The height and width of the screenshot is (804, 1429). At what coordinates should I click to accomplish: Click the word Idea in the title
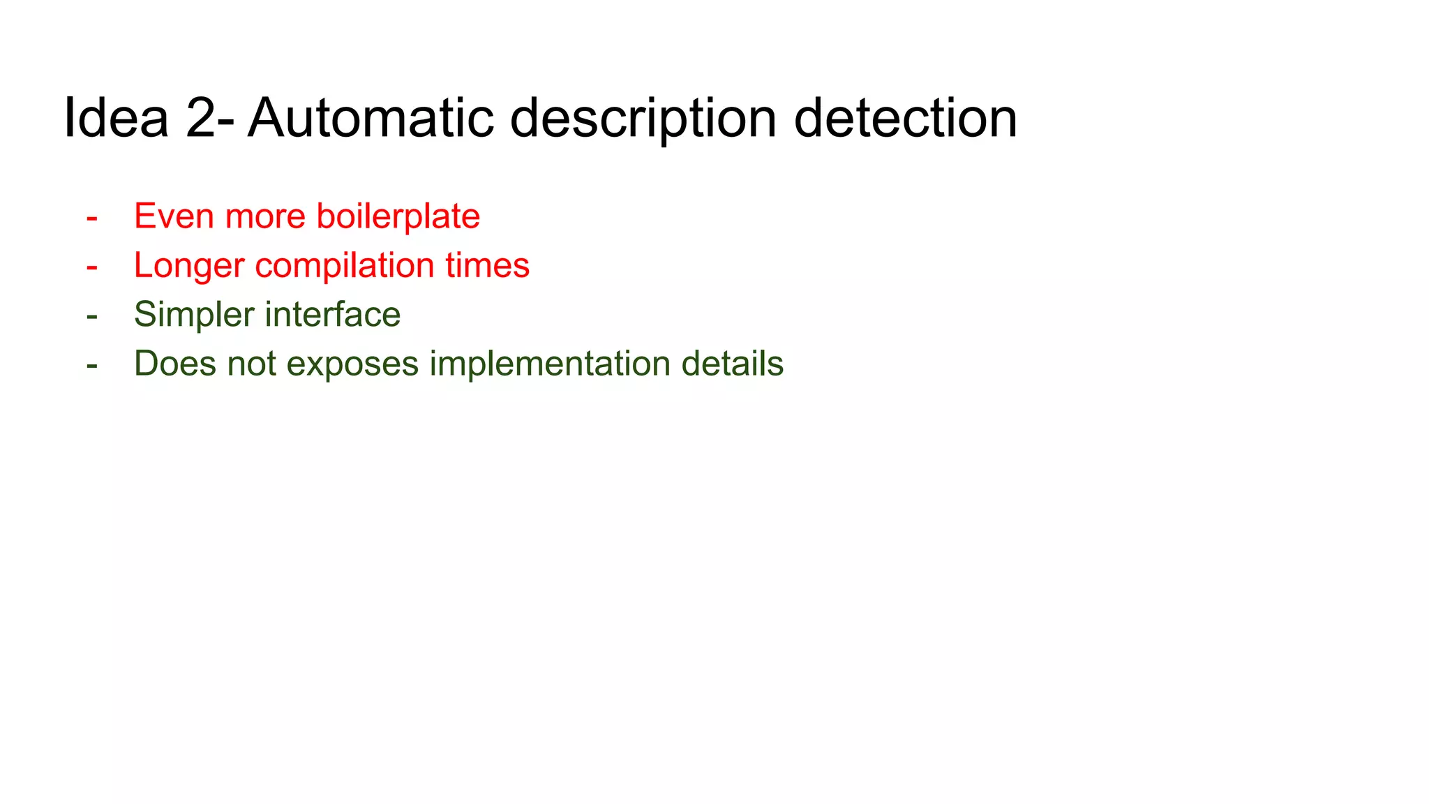point(116,118)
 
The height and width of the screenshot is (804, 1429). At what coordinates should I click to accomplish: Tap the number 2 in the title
point(202,118)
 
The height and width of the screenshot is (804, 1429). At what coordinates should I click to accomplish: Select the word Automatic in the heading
point(371,118)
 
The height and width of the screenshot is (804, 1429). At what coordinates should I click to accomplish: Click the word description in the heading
point(643,119)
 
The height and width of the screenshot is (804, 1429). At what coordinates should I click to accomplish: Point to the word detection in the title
point(905,118)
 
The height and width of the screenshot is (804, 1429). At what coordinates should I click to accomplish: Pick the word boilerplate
point(398,217)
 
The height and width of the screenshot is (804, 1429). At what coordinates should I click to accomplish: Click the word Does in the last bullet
point(175,364)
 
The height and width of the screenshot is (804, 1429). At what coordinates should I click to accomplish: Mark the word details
point(732,364)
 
